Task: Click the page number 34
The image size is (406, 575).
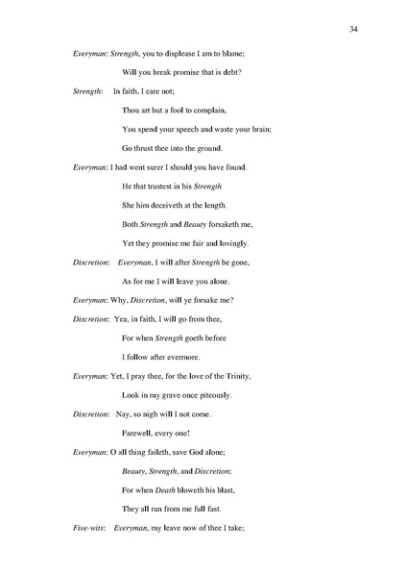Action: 354,31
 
